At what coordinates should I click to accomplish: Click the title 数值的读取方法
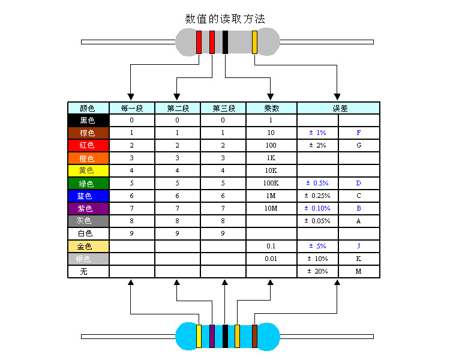[225, 19]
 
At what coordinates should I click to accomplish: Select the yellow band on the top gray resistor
[254, 42]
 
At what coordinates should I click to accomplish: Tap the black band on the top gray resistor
[225, 42]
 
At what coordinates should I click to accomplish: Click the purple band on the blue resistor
[212, 336]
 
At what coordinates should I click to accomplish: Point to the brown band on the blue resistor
[254, 336]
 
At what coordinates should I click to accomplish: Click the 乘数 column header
[271, 109]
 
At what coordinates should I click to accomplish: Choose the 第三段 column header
[223, 109]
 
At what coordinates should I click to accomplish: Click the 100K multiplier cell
[271, 183]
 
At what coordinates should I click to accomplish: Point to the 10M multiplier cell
[271, 208]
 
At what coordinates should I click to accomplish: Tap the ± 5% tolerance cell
[317, 246]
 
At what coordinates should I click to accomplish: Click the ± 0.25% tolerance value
[317, 196]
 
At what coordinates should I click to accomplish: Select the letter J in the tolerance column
[359, 246]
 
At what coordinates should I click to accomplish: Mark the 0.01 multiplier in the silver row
[271, 259]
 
